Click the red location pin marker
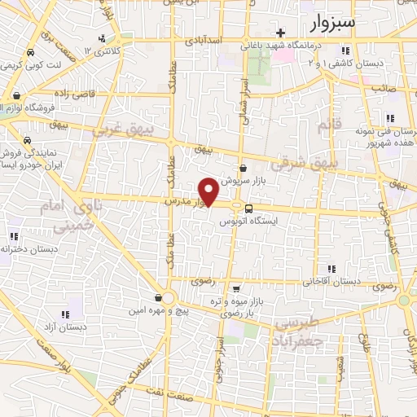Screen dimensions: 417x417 coord(209,191)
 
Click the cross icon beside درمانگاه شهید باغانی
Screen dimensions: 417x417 coord(281,33)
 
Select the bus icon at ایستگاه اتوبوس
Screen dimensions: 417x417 coord(248,207)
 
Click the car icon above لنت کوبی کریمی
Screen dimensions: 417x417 coord(29,52)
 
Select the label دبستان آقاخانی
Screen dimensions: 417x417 coord(331,282)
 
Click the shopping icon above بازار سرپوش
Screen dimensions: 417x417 coord(243,168)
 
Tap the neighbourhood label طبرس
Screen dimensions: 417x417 coord(295,322)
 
